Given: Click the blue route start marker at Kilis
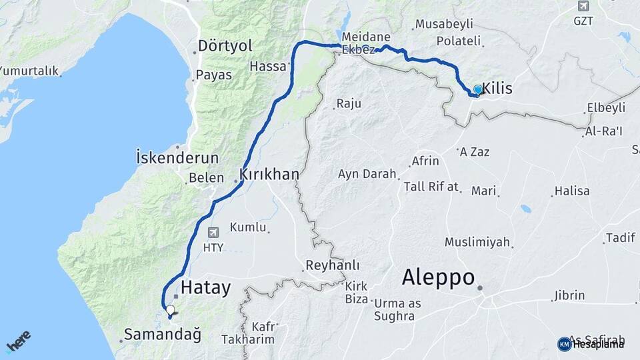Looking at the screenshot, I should point(477,89).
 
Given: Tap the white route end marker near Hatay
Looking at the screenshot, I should point(170,310).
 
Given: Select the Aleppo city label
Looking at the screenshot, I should point(439,277).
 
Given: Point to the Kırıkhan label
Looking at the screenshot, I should point(269,174).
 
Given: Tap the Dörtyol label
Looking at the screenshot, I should point(225,47).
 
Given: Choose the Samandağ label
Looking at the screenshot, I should point(163,335).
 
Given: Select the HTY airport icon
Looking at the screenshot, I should point(213,233).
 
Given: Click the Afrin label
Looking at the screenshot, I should point(425,161).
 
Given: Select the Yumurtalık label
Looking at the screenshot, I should point(30,71).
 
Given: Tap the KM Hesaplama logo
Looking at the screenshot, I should point(591,343).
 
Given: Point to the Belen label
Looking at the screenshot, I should point(202,178).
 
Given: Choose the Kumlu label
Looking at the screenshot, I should point(248,227).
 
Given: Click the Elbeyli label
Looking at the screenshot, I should point(606,107).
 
